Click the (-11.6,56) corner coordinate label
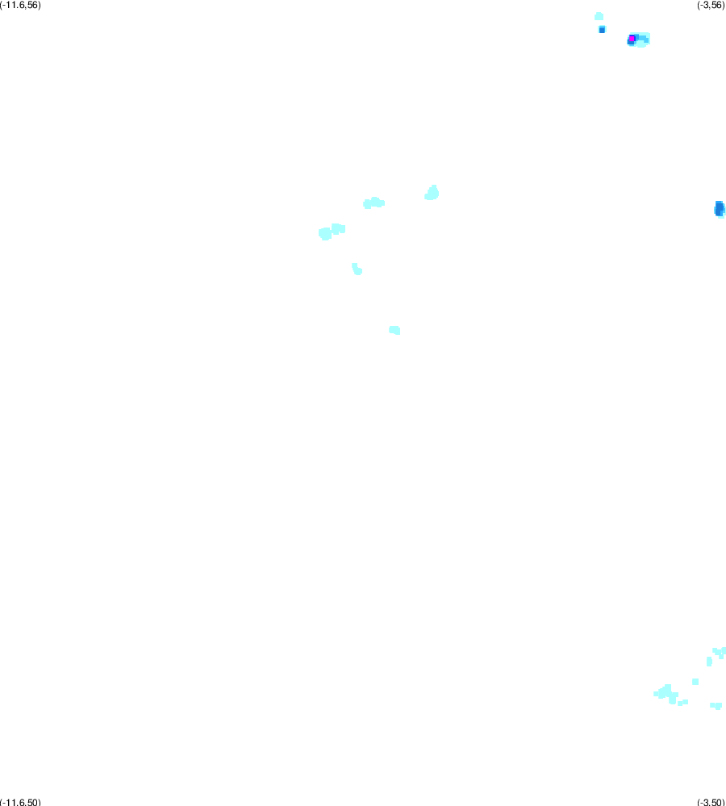pos(20,5)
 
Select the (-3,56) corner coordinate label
pos(711,5)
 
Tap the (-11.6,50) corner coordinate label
pos(20,802)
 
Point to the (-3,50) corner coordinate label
pos(711,802)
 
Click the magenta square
pos(632,39)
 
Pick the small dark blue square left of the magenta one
pos(602,30)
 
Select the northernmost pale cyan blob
pos(599,16)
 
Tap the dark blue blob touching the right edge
pos(720,208)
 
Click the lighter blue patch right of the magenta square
pos(642,39)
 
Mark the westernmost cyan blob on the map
pos(325,234)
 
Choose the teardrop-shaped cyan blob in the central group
pos(432,193)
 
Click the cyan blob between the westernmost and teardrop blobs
pos(374,203)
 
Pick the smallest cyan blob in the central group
pos(357,269)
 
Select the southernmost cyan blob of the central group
pos(394,330)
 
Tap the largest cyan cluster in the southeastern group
pos(666,694)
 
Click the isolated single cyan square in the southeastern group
pos(695,682)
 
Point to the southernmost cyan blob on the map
pos(716,706)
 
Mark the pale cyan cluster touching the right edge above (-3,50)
pos(720,653)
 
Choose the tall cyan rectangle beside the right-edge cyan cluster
pos(710,662)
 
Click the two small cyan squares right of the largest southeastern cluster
pos(682,703)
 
